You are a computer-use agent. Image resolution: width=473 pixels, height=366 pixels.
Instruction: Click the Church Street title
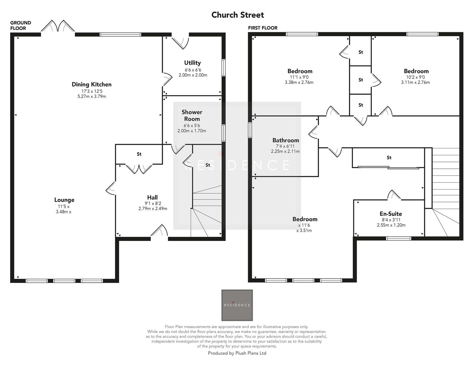coord(238,15)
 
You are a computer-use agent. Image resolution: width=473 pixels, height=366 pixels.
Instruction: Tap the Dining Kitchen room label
coord(91,84)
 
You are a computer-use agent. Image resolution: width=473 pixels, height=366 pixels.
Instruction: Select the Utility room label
coord(193,63)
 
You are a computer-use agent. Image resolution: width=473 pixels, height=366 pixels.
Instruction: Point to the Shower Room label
coord(192,115)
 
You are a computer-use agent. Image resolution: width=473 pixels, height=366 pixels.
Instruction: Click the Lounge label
coord(64,200)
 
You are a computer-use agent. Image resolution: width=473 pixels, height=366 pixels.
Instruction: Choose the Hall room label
coord(152,197)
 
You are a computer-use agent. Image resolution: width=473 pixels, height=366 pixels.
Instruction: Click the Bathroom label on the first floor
coord(286,140)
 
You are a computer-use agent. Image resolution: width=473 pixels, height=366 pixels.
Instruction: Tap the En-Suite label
coord(391,213)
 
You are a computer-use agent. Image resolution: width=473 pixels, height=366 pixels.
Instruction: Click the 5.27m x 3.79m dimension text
coord(91,96)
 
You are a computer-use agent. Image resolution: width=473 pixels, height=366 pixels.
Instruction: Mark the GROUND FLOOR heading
coord(21,25)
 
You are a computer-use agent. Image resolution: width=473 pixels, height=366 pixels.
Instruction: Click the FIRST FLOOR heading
coord(263,28)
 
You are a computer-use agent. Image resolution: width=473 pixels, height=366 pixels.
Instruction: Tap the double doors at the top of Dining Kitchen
coord(58,27)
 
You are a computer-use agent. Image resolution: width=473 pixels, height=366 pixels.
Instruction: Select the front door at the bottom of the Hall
coord(159,232)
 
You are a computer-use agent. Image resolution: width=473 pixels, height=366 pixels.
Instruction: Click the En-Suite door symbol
coord(393,195)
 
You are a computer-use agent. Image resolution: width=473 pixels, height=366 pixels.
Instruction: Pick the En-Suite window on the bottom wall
coord(399,238)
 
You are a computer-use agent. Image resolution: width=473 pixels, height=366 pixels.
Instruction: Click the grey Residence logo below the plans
coord(237,305)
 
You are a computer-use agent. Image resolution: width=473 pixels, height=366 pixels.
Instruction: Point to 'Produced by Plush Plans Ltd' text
coord(237,353)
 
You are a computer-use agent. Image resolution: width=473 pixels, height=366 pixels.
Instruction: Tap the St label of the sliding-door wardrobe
coord(389,158)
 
